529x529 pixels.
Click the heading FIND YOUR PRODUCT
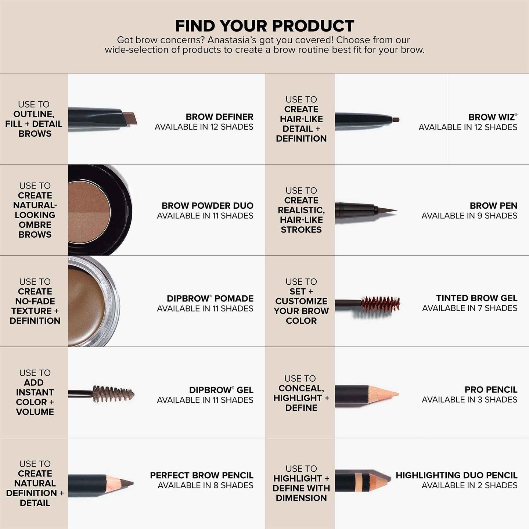(264, 26)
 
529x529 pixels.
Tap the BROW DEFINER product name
(219, 117)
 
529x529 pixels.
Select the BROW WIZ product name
(492, 117)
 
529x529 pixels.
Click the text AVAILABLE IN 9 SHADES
(469, 216)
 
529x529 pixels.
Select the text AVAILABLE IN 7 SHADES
(469, 308)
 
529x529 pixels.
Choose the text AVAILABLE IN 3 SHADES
(469, 399)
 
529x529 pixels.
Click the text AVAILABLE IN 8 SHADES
(205, 485)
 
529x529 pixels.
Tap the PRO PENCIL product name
(491, 389)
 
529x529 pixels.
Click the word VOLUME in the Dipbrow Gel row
(35, 412)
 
